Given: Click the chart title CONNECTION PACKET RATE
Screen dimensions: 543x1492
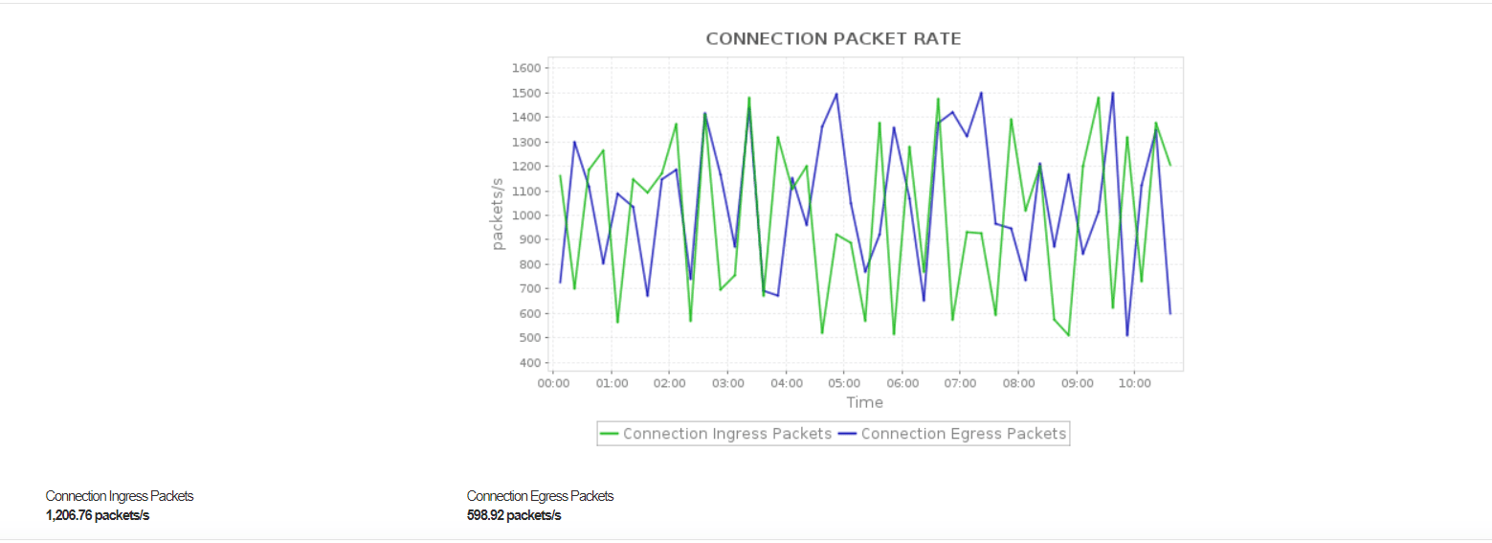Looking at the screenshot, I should [x=833, y=39].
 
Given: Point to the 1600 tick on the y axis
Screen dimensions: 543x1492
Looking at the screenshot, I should [x=528, y=69].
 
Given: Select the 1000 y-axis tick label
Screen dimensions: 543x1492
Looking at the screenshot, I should [x=528, y=215].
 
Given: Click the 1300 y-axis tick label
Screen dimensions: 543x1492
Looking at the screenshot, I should [x=528, y=143].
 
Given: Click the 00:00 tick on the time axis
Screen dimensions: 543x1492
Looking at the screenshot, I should [x=553, y=383].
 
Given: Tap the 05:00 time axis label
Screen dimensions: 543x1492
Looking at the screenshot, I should [x=844, y=383].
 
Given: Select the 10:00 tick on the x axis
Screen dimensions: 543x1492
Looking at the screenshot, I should [x=1134, y=383].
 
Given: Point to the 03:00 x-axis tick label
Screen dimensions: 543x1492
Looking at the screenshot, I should [x=727, y=383].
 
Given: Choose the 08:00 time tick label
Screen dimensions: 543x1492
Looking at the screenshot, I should [x=1018, y=383].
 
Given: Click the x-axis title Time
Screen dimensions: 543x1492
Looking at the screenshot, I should [x=864, y=403].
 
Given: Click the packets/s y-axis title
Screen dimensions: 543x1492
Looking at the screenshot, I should [x=498, y=215].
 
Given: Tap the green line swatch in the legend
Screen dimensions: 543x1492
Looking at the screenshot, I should [x=610, y=434].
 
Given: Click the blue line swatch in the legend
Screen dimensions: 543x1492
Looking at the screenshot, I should [x=848, y=434].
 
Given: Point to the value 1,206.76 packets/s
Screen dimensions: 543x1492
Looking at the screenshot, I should [x=98, y=516].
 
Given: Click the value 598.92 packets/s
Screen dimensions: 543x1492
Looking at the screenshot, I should [x=514, y=516].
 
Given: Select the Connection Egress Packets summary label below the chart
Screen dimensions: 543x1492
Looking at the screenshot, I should [x=540, y=496].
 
